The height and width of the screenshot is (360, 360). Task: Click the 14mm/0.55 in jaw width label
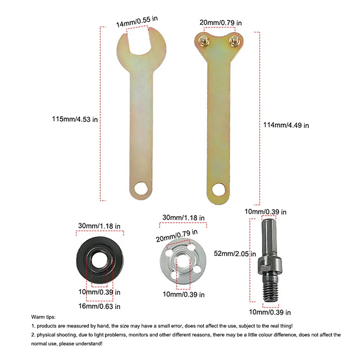tap(137, 22)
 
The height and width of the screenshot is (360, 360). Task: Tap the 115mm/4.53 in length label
tap(75, 119)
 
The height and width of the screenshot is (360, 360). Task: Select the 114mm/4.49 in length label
tap(286, 125)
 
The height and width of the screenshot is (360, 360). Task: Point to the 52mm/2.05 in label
tap(235, 253)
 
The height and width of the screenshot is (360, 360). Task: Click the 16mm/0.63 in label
tap(99, 306)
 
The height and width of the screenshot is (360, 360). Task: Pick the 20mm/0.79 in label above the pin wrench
tap(220, 23)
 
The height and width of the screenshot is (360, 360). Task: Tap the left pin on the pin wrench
tap(204, 40)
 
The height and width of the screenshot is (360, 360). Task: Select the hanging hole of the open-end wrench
tap(140, 188)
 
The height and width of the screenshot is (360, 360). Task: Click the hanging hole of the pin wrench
tap(219, 189)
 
